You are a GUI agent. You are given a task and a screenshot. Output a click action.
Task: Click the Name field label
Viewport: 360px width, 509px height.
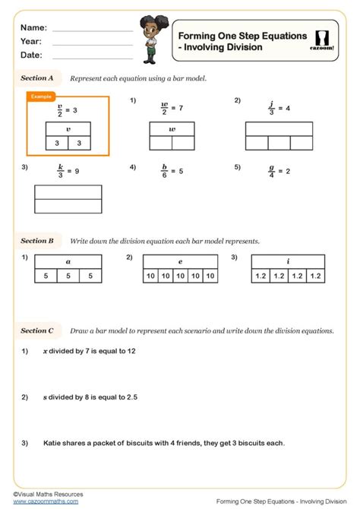33,27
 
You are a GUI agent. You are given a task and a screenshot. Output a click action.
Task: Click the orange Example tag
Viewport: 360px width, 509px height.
41,97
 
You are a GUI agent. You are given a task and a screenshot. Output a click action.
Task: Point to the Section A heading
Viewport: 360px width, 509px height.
36,77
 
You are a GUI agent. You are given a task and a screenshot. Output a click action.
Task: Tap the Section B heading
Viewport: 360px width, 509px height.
36,241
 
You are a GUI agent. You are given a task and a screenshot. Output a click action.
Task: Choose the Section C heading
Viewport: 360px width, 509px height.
36,330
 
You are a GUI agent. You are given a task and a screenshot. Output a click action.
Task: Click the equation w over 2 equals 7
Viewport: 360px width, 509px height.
171,107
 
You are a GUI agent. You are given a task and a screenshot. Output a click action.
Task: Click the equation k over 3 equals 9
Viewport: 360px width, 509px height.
68,171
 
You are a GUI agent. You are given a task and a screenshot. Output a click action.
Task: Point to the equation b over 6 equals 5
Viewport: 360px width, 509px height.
171,171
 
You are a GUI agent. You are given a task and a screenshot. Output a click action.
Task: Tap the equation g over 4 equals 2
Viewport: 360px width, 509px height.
278,171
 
